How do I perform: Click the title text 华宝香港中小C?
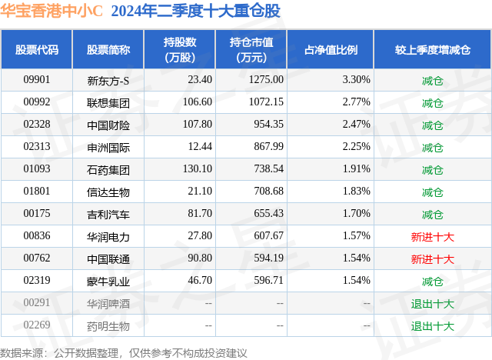point(52,11)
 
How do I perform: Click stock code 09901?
point(37,79)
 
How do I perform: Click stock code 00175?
point(37,214)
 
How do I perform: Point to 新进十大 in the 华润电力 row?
point(432,236)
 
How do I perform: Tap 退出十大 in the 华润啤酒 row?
point(432,304)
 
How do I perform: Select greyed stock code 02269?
point(37,325)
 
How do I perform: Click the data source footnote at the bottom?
point(124,352)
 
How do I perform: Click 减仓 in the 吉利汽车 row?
point(432,214)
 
